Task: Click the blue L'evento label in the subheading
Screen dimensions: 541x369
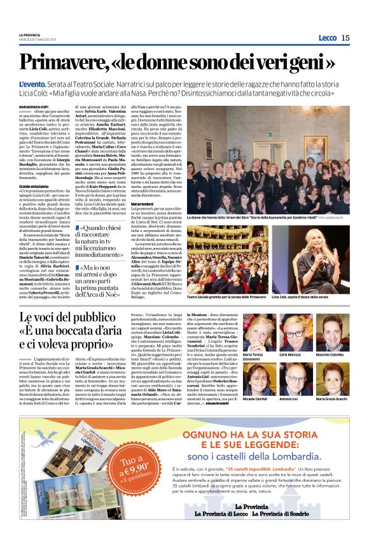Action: (x=31, y=84)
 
